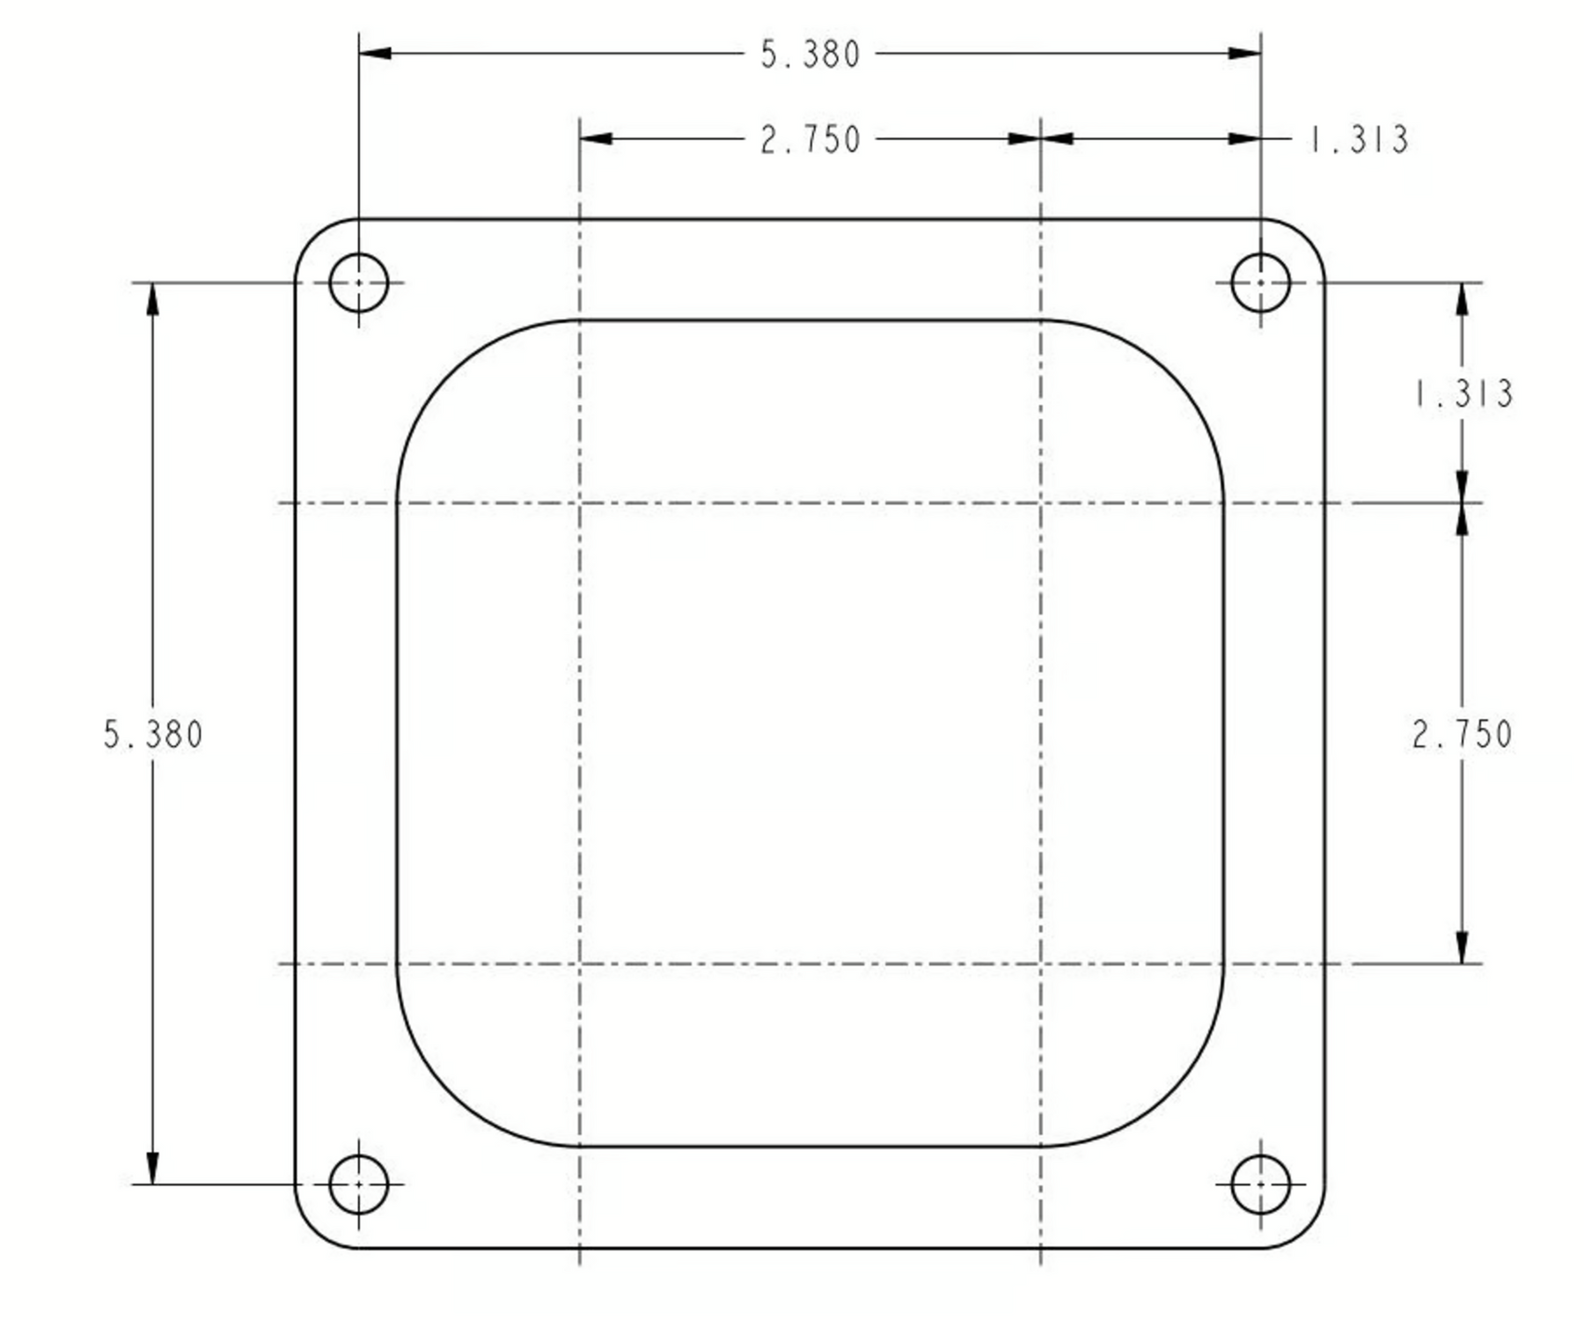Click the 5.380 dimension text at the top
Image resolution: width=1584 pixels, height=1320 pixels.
tap(810, 55)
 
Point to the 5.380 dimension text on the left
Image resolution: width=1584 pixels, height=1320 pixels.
tap(153, 735)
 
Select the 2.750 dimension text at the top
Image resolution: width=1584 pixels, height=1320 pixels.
tap(810, 140)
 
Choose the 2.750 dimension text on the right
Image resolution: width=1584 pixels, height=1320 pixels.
tap(1462, 735)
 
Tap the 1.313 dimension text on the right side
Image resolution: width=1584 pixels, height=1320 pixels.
tap(1463, 393)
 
